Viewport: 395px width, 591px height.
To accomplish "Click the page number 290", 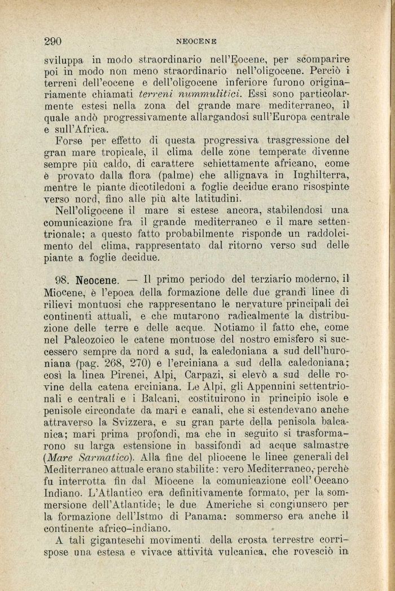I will point(52,41).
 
